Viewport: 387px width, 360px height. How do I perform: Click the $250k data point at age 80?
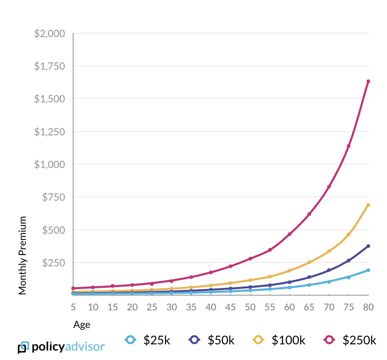(368, 81)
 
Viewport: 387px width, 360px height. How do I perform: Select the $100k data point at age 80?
(368, 205)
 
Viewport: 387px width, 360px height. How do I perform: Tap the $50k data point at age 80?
(368, 246)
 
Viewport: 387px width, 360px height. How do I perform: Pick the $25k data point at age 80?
(368, 270)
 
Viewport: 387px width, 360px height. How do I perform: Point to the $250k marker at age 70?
(329, 187)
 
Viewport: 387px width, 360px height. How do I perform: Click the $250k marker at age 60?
(289, 234)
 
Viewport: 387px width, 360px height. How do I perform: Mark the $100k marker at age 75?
(348, 235)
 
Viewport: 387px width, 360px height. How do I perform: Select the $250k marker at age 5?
(73, 288)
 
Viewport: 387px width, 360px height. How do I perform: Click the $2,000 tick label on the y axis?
(50, 34)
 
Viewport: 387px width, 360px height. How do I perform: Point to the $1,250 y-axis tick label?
(50, 132)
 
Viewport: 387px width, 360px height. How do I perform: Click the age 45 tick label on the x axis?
(230, 307)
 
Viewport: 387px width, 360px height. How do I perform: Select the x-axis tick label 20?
(132, 307)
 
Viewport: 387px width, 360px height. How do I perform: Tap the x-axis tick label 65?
(309, 307)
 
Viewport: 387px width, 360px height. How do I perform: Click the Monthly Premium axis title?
(22, 255)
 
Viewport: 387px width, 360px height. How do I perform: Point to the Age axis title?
(82, 325)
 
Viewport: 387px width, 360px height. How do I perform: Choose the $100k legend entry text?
(288, 340)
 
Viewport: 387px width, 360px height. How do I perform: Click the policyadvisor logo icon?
(23, 348)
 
